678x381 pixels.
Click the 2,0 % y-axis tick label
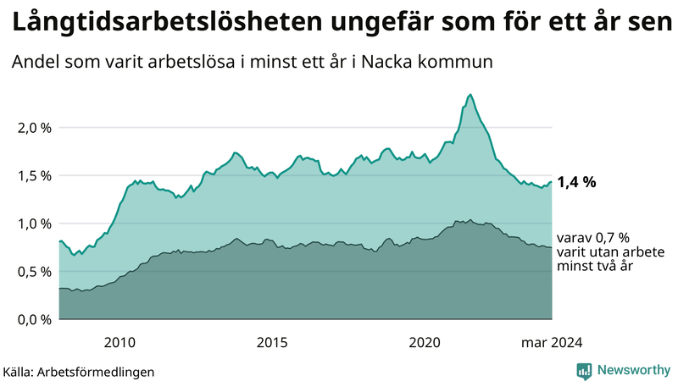34,128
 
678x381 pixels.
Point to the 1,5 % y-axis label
34,175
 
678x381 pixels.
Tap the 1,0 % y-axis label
34,224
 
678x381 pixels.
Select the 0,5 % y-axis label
34,272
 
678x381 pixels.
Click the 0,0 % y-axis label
34,319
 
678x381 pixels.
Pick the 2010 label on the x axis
119,342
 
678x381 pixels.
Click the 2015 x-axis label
272,342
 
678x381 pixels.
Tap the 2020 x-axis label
425,342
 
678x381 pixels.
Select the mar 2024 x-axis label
551,342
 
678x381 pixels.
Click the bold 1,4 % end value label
576,181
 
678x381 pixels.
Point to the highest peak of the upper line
470,94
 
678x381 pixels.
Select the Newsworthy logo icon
584,370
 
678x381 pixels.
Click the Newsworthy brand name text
634,370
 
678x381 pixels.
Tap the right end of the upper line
552,182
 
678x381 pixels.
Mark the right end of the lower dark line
552,248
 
